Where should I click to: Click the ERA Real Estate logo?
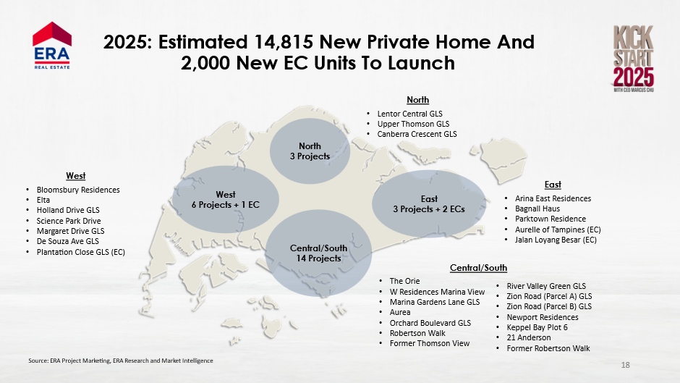(x=52, y=46)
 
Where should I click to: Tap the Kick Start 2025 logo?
(x=634, y=58)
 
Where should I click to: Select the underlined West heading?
(x=75, y=176)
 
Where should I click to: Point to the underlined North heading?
(x=417, y=100)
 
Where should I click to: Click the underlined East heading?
(x=553, y=185)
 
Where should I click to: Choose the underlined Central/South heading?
(x=478, y=268)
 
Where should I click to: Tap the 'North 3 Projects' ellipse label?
(x=310, y=151)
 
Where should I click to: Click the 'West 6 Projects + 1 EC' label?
(x=226, y=200)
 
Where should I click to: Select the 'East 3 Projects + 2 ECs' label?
(x=429, y=204)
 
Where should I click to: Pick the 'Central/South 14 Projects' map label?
(x=319, y=253)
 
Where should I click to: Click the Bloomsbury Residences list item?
(x=78, y=190)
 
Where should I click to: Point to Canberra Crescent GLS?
(x=417, y=134)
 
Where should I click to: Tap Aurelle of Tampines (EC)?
(x=558, y=230)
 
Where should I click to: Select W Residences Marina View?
(x=437, y=292)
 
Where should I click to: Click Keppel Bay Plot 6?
(x=537, y=327)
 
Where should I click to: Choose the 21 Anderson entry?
(x=529, y=337)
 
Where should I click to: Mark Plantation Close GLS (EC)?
(x=81, y=252)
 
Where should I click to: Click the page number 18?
(x=625, y=365)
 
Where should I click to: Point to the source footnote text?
(x=121, y=361)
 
